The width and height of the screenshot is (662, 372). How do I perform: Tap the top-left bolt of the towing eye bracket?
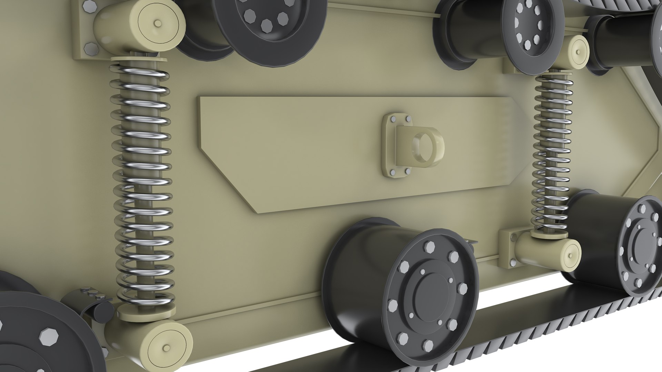coord(393,118)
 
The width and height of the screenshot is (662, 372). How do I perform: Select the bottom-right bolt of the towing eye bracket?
coord(407,171)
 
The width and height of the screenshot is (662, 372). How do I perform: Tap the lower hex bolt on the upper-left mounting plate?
coord(89,49)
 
